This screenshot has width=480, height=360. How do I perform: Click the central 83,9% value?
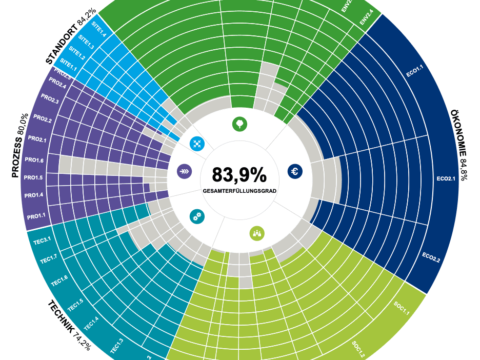[x=239, y=175]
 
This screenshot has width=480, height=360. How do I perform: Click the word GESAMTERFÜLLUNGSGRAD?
[x=239, y=191]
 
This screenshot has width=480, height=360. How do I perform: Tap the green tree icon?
[x=239, y=124]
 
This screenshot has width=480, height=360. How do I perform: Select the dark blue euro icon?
[x=295, y=171]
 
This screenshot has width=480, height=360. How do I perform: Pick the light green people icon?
[x=257, y=233]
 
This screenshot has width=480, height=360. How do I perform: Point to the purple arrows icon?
[x=184, y=171]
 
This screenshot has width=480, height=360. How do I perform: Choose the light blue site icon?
[x=197, y=144]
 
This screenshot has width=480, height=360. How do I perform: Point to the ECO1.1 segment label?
[x=414, y=70]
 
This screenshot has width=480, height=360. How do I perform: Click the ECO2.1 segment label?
[x=446, y=179]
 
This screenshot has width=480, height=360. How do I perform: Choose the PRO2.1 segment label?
[x=37, y=139]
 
